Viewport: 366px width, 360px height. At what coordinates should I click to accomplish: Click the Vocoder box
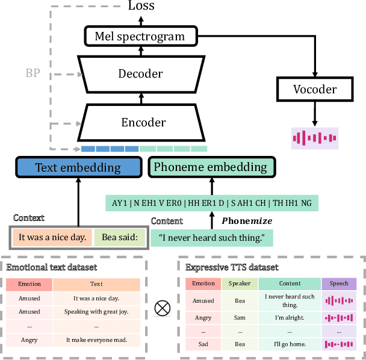pyautogui.click(x=314, y=89)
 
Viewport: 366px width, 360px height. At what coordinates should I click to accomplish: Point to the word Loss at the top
pyautogui.click(x=141, y=6)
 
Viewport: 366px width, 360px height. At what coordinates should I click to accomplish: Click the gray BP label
pyautogui.click(x=34, y=73)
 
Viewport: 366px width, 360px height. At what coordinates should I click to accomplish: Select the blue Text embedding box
pyautogui.click(x=78, y=167)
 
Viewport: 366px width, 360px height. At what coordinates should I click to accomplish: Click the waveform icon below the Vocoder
pyautogui.click(x=314, y=138)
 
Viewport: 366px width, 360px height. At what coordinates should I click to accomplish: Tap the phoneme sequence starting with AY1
pyautogui.click(x=211, y=202)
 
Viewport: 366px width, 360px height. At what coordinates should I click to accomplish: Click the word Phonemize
pyautogui.click(x=247, y=221)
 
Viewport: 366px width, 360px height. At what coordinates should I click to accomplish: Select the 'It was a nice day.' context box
pyautogui.click(x=52, y=237)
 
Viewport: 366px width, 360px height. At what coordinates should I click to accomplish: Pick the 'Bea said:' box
pyautogui.click(x=120, y=237)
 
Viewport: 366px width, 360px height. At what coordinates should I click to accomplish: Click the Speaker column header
pyautogui.click(x=241, y=284)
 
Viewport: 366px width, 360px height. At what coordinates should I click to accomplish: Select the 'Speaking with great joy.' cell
pyautogui.click(x=96, y=312)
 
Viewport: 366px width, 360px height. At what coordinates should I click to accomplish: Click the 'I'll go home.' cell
pyautogui.click(x=289, y=344)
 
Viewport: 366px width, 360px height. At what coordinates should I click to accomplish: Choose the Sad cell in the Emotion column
pyautogui.click(x=203, y=344)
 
